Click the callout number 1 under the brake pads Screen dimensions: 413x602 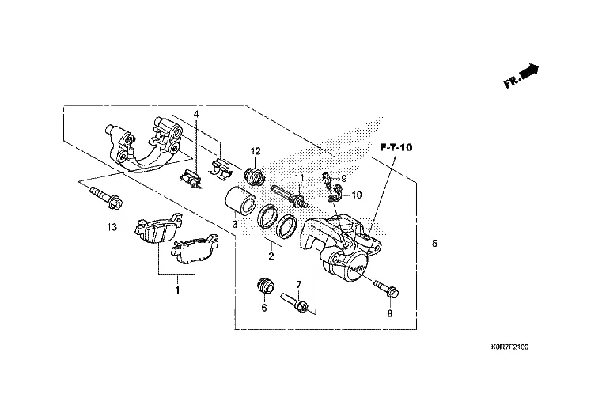[x=177, y=290]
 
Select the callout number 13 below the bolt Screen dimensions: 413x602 [x=112, y=228]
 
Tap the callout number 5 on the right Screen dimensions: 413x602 [x=434, y=244]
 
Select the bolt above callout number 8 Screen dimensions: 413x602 [x=385, y=289]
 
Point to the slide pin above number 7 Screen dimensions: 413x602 [x=297, y=303]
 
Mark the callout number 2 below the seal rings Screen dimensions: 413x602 [x=271, y=256]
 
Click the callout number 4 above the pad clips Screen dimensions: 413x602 [x=195, y=115]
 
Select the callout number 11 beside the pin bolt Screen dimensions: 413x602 [x=300, y=176]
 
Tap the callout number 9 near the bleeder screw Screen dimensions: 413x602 [x=344, y=178]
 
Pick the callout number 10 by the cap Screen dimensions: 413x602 [x=356, y=195]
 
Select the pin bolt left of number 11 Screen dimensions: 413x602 [x=287, y=194]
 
